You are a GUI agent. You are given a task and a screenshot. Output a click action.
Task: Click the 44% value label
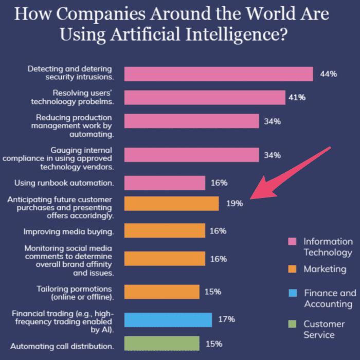pos(328,74)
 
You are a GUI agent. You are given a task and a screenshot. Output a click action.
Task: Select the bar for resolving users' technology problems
pos(204,97)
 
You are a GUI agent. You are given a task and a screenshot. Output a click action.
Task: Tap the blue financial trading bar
pos(168,319)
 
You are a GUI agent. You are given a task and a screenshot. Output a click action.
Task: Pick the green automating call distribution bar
pos(161,343)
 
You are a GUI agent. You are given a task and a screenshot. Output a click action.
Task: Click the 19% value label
pos(234,203)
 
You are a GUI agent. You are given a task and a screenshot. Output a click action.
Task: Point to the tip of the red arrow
pos(250,198)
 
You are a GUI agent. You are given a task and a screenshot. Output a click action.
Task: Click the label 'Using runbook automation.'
pos(64,183)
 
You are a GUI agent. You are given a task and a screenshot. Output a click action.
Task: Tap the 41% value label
pos(297,97)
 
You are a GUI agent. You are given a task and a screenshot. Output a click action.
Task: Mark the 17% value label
pos(226,319)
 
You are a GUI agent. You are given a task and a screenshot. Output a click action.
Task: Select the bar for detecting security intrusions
pos(219,74)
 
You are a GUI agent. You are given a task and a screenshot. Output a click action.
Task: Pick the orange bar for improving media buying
pos(165,231)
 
